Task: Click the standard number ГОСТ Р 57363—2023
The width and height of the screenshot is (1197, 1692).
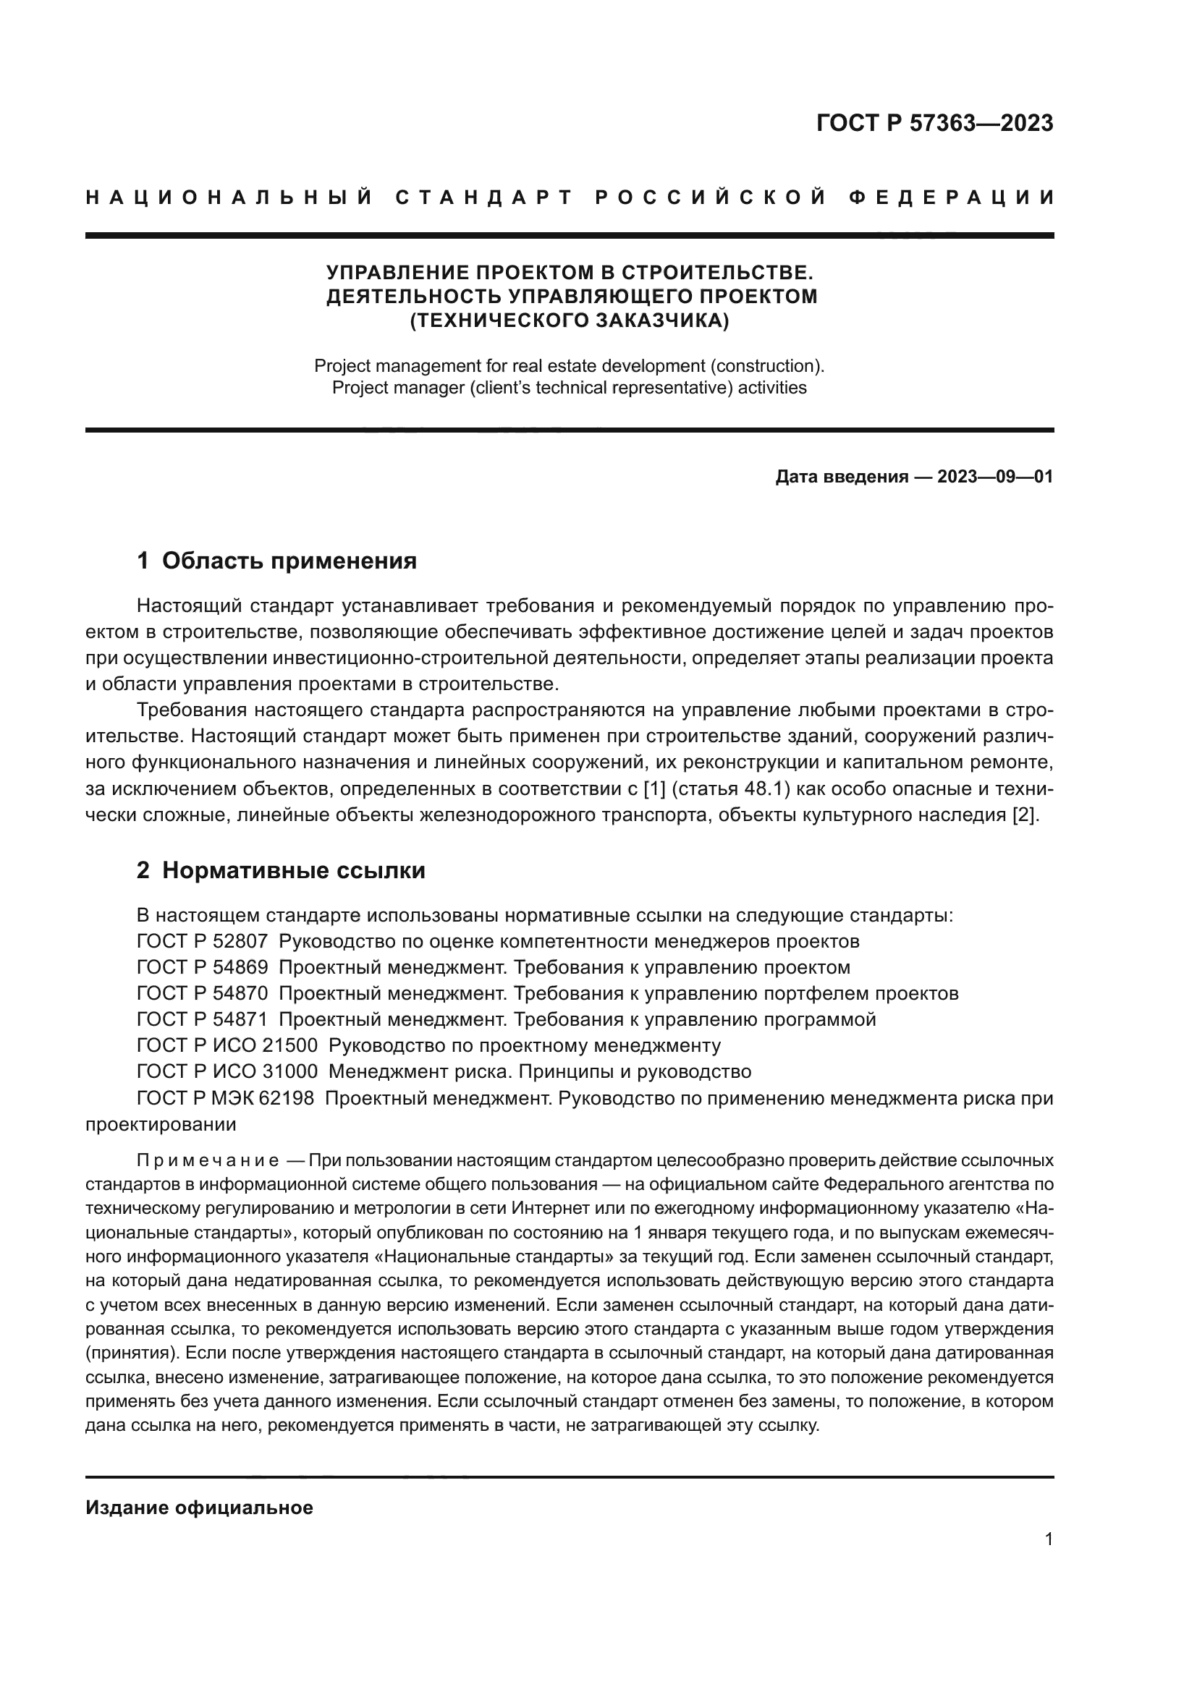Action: coord(934,123)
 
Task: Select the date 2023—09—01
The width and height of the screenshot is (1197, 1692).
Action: coord(995,477)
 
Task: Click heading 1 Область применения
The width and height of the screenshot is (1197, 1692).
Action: coord(276,561)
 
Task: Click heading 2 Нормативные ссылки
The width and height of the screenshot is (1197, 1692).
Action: coord(281,870)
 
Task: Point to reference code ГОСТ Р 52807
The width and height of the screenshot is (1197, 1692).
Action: coord(202,941)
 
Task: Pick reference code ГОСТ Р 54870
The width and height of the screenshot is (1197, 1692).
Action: coord(202,993)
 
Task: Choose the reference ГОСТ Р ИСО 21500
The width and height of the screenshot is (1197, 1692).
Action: coord(227,1045)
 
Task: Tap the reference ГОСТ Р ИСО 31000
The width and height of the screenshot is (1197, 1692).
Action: coord(227,1071)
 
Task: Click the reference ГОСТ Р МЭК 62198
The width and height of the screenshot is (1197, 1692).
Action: coord(225,1098)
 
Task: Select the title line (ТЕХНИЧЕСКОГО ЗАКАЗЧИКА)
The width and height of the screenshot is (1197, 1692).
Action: coord(569,320)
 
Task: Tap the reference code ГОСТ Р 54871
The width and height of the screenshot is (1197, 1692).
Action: coord(202,1019)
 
